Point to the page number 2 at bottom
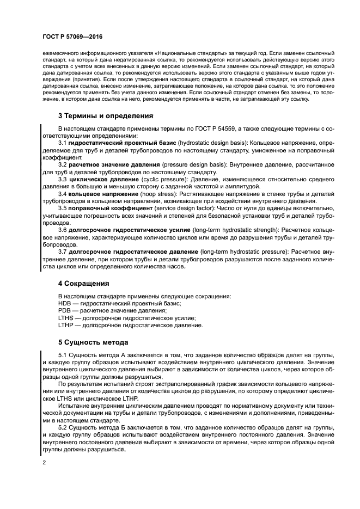coord(44,462)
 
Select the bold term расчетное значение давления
coord(114,164)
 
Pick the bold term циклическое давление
coord(101,179)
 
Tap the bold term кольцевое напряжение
coord(101,193)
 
